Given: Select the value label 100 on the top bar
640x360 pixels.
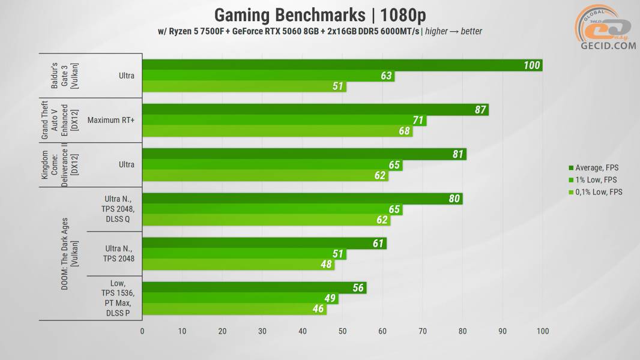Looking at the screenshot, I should (531, 65).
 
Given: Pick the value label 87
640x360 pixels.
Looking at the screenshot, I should (480, 110).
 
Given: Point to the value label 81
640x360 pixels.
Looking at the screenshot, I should (458, 154).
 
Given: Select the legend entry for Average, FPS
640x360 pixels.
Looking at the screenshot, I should (596, 167).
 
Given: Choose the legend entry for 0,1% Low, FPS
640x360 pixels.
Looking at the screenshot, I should (598, 192).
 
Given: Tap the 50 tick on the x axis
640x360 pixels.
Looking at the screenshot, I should (342, 331).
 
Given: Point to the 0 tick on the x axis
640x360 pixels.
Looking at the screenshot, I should (142, 331).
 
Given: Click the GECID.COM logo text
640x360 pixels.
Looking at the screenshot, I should (608, 46).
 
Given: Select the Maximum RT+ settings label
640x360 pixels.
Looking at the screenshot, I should (111, 120).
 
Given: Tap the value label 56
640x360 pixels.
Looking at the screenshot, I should (358, 288).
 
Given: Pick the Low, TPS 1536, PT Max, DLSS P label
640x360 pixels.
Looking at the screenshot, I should (117, 298).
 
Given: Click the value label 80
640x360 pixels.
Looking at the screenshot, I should (454, 199).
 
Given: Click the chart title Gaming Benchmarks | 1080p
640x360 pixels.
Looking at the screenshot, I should (320, 14).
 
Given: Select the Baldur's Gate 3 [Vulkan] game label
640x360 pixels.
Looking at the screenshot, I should (59, 76).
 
